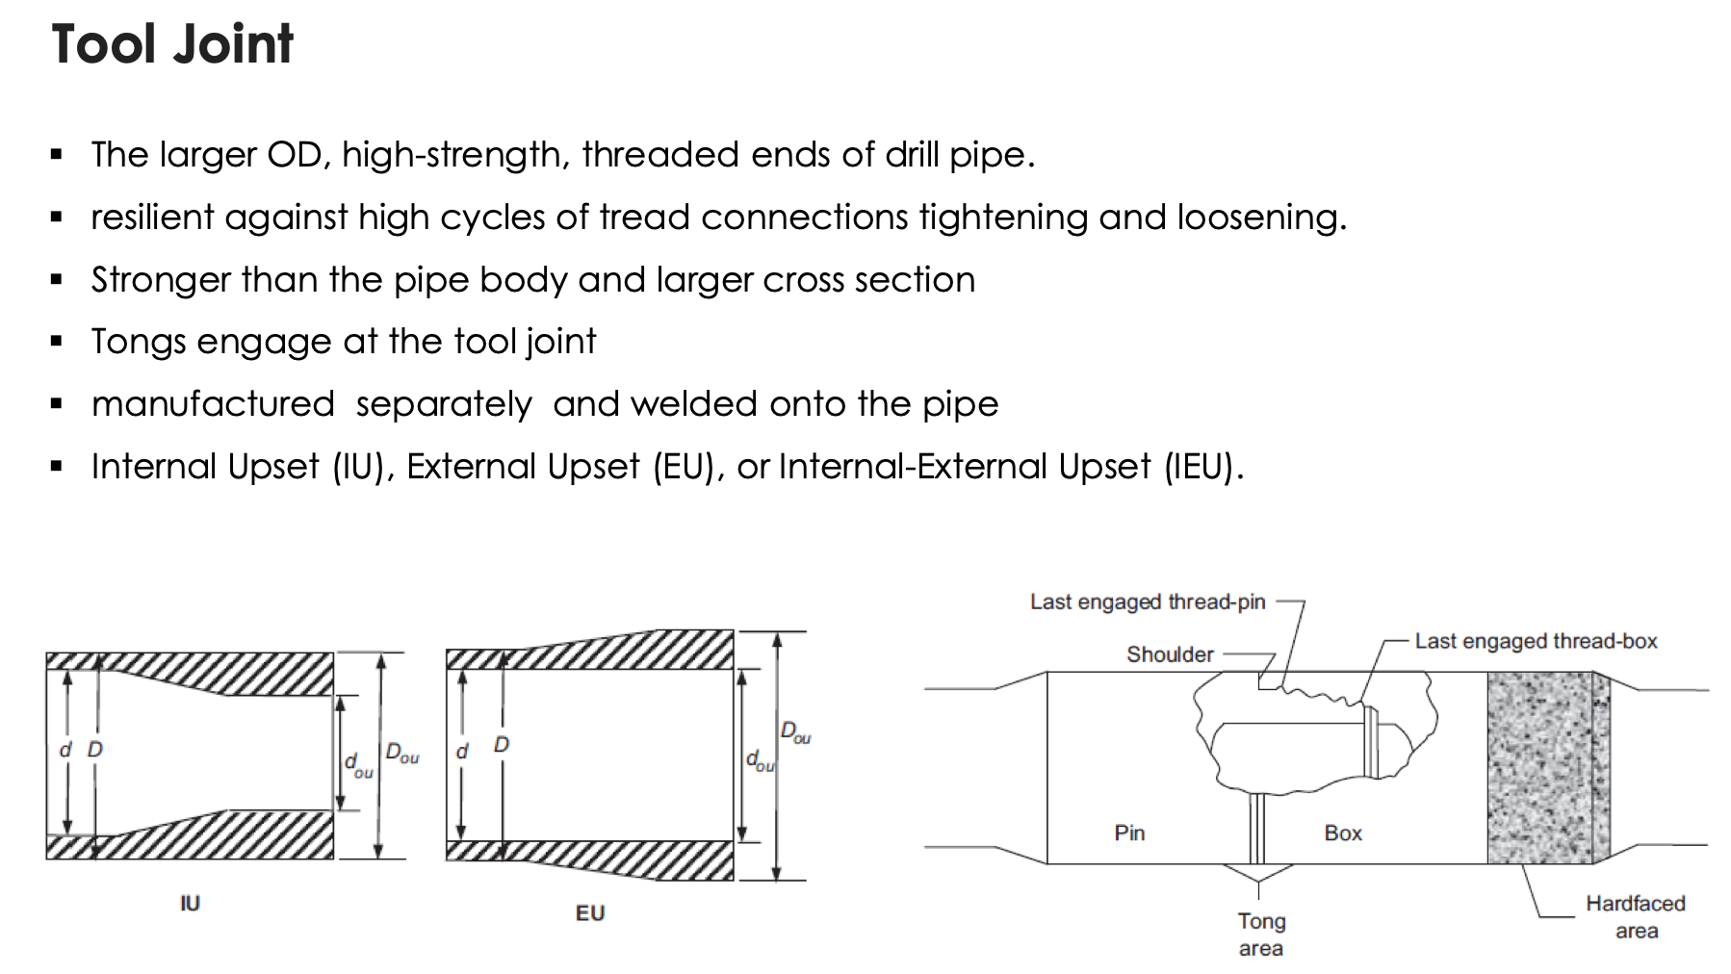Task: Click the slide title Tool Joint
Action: tap(172, 44)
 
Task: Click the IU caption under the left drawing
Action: tap(190, 903)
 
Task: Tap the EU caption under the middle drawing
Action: tap(590, 912)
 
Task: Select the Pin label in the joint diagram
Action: tap(1129, 833)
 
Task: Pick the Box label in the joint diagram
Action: tap(1343, 833)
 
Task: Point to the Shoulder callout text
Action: tap(1170, 654)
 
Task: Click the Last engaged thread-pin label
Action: tap(1148, 602)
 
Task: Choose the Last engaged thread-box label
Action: tap(1536, 641)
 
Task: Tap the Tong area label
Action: tap(1261, 934)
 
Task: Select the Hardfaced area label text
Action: tap(1636, 916)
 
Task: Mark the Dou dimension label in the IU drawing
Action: tap(402, 753)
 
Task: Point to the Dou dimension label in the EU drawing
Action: tap(795, 732)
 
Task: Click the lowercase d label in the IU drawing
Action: tap(65, 749)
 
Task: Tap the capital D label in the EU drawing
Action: tap(502, 744)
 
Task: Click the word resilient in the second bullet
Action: tap(152, 218)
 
